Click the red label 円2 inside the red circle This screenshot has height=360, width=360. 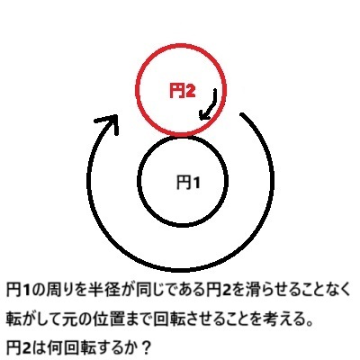[x=183, y=91]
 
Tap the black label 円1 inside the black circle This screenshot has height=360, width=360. [x=188, y=182]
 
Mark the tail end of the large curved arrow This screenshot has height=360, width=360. [x=242, y=114]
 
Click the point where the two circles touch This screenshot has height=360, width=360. [x=182, y=135]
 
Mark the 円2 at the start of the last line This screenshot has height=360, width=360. [x=18, y=348]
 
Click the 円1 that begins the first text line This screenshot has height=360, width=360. [x=18, y=290]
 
